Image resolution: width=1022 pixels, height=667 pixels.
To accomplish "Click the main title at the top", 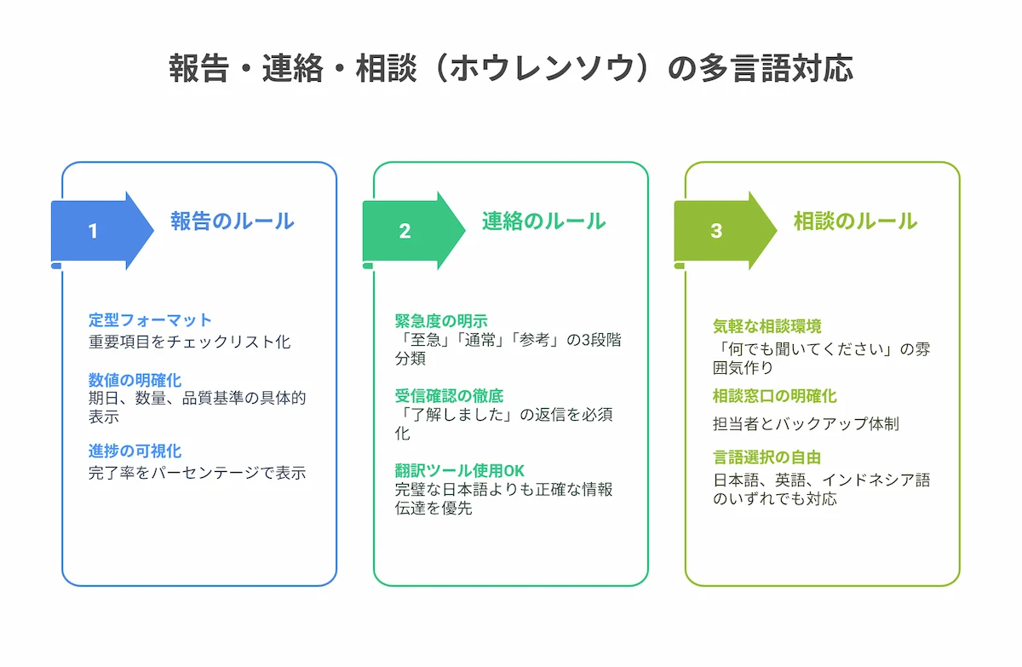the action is tap(511, 68).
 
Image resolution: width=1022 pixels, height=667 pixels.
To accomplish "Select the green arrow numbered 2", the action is tap(414, 231).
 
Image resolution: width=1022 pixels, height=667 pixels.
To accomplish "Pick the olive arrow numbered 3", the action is tap(726, 231).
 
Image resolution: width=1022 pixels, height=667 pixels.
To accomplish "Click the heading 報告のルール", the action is tap(233, 221).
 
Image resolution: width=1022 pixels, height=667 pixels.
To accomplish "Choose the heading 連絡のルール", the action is tap(544, 221).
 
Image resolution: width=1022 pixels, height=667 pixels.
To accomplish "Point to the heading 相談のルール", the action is tap(855, 221).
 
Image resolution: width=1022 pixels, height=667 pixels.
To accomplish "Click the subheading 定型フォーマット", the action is tap(150, 319).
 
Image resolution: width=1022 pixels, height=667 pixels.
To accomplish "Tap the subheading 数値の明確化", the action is tap(135, 380).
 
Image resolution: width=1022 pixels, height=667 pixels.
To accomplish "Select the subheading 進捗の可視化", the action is tap(135, 451).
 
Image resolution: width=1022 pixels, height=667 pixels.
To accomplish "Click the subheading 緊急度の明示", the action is tap(441, 321).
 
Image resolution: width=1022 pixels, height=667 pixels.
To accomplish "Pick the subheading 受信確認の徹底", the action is tap(449, 395).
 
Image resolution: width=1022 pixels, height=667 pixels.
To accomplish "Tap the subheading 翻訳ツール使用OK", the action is tap(459, 470).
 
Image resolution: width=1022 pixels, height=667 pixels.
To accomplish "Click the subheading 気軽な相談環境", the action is tap(767, 326).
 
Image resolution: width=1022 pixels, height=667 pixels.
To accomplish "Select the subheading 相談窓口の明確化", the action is tap(775, 396).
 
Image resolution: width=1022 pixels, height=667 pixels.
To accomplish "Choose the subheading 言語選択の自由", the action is tap(767, 457).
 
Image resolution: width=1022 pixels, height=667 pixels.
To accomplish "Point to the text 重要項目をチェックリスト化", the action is tap(189, 342).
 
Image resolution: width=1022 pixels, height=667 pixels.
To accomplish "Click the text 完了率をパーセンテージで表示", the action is tap(197, 473).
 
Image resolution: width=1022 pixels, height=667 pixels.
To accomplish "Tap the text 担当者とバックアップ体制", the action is tap(806, 424).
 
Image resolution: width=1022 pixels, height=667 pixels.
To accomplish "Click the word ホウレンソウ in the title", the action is tap(543, 68).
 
